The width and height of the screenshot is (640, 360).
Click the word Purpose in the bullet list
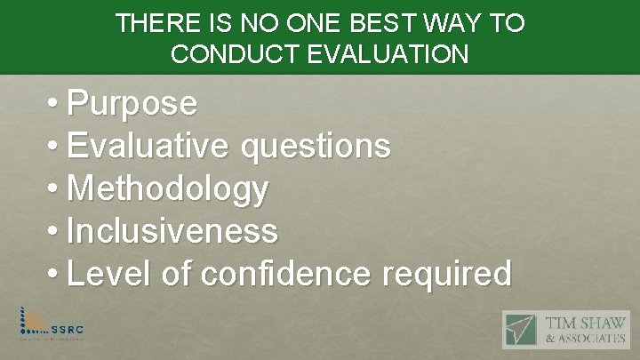(132, 105)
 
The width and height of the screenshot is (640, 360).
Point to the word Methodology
(167, 189)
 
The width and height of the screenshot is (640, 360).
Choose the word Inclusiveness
(172, 231)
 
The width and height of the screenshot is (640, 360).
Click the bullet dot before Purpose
(55, 105)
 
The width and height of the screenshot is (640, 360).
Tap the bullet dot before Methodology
(55, 189)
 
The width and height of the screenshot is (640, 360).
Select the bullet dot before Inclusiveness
(55, 231)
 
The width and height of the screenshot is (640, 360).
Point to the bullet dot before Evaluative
(55, 147)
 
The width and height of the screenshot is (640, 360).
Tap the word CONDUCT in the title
(228, 54)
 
